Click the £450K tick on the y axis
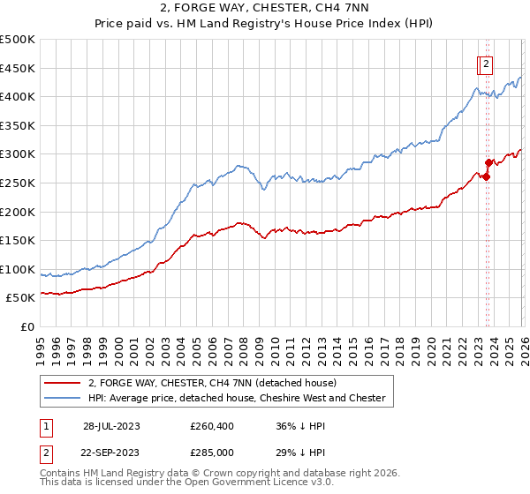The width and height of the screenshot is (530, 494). [x=18, y=68]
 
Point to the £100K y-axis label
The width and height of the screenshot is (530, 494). [x=18, y=269]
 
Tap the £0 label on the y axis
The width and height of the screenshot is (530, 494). [x=27, y=327]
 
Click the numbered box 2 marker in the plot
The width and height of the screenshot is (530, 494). [x=486, y=63]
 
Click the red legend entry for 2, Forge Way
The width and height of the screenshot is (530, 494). [x=212, y=383]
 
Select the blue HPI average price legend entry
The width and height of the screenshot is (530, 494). [x=237, y=398]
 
